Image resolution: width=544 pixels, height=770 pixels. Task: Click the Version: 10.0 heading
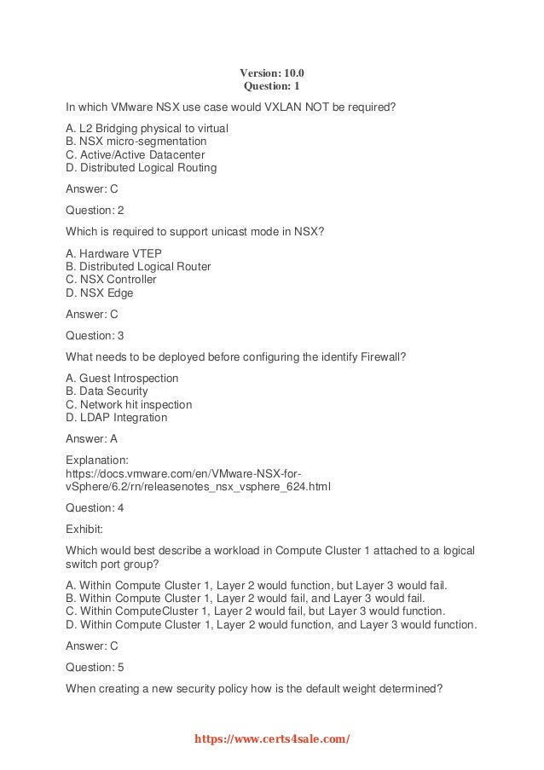[x=271, y=72]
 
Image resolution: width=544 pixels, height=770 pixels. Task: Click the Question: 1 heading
[x=271, y=86]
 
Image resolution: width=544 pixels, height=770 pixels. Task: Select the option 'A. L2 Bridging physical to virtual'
[x=148, y=128]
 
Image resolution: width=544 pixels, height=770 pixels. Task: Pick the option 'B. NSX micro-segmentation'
[x=136, y=141]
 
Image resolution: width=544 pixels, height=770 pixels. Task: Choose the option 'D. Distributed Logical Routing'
[x=141, y=168]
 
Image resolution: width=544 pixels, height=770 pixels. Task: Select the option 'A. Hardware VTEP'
[x=113, y=253]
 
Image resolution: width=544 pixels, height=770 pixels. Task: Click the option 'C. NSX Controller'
[x=111, y=280]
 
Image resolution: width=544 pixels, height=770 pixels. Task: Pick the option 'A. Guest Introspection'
[x=122, y=378]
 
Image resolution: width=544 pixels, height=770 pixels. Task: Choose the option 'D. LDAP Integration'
[x=116, y=418]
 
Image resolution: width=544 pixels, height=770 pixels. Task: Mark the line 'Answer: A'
[x=91, y=438]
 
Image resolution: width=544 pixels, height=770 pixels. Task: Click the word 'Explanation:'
[x=96, y=460]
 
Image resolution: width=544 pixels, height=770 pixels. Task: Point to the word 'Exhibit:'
[x=85, y=528]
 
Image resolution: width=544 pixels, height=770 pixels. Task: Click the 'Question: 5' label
[x=95, y=668]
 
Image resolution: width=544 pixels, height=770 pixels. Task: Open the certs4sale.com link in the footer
[x=272, y=739]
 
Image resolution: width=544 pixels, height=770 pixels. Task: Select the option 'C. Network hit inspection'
[x=129, y=404]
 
